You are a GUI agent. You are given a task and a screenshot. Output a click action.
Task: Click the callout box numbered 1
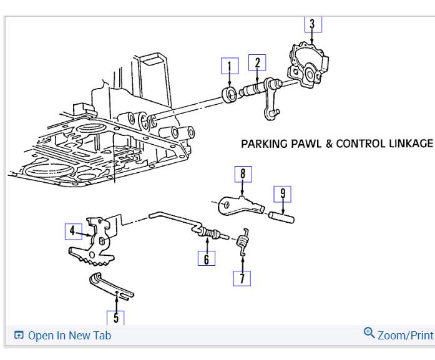pyautogui.click(x=230, y=66)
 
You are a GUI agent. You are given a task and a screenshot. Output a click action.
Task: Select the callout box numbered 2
pyautogui.click(x=257, y=62)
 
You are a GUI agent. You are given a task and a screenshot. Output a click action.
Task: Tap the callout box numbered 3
pyautogui.click(x=313, y=24)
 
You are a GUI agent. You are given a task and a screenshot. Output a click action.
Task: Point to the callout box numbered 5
pyautogui.click(x=115, y=317)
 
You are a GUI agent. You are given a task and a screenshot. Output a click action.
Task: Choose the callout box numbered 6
pyautogui.click(x=206, y=257)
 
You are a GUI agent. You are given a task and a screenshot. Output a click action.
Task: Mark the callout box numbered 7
pyautogui.click(x=242, y=278)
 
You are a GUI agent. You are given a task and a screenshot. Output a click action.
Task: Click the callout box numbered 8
pyautogui.click(x=243, y=173)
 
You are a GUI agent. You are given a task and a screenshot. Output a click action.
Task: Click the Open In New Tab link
pyautogui.click(x=63, y=336)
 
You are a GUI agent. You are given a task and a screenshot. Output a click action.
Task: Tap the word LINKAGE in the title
pyautogui.click(x=409, y=144)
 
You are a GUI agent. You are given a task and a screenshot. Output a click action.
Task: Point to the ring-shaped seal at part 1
pyautogui.click(x=230, y=94)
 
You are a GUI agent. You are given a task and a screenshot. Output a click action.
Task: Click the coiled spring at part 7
pyautogui.click(x=243, y=241)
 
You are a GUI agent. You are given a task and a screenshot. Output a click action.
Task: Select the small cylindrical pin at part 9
pyautogui.click(x=282, y=216)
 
